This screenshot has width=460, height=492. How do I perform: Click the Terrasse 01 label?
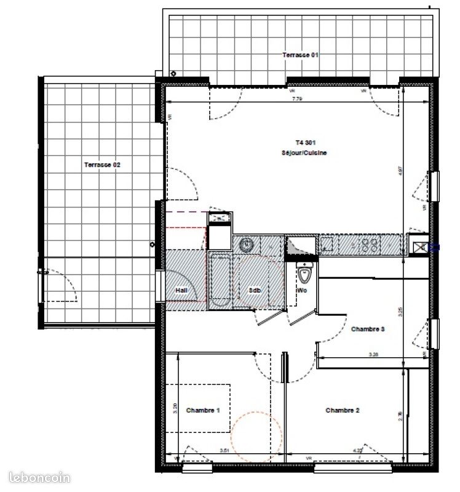pyautogui.click(x=301, y=55)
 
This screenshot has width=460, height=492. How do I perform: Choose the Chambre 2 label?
pyautogui.click(x=343, y=411)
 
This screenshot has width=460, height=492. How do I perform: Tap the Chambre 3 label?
pyautogui.click(x=368, y=329)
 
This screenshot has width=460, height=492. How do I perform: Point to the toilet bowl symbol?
pyautogui.click(x=303, y=271)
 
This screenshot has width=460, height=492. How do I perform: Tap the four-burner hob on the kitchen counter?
pyautogui.click(x=370, y=244)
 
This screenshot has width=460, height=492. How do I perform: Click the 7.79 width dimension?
pyautogui.click(x=297, y=99)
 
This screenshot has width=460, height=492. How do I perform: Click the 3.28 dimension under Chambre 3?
pyautogui.click(x=373, y=355)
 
